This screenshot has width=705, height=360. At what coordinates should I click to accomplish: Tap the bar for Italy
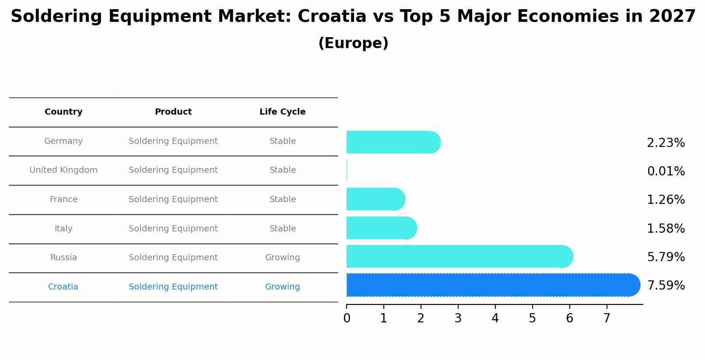pos(381,228)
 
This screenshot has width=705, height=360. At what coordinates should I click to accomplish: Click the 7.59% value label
pos(666,286)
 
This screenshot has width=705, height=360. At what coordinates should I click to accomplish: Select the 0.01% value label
pos(666,171)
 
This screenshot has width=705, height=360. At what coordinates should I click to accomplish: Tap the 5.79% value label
pos(666,257)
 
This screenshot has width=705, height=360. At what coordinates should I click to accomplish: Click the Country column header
pos(63,112)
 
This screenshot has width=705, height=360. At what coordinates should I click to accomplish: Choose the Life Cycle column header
pos(282,112)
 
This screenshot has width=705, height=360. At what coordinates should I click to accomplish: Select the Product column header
pos(173,112)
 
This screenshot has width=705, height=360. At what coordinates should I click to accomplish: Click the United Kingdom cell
pos(63,170)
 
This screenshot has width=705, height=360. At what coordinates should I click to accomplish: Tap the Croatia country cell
pos(63,287)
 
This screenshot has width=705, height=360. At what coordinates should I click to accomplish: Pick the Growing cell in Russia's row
pos(282,258)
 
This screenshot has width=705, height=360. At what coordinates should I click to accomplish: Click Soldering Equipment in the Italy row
pos(173,228)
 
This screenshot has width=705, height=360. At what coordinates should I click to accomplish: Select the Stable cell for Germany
pos(282,141)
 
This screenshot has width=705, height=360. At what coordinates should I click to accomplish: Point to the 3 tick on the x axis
pos(458,318)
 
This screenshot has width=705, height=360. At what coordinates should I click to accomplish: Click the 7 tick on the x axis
pos(607,318)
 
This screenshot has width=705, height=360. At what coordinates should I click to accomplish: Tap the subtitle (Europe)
pos(353,43)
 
